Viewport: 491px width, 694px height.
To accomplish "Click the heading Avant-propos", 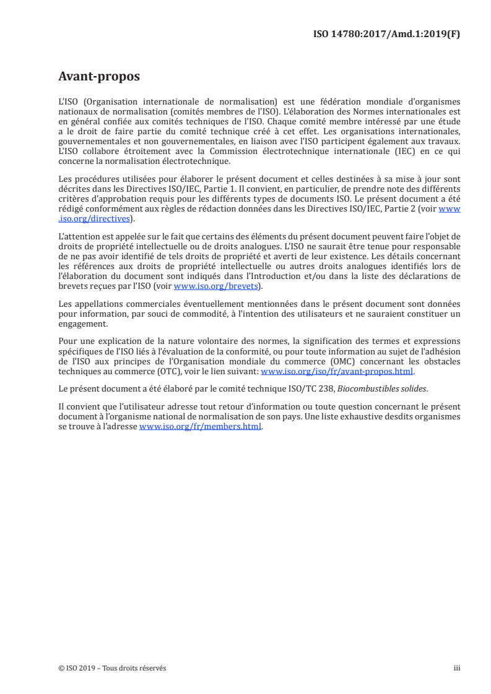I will click(98, 77).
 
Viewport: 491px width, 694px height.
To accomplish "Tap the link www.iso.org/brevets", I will click(215, 286).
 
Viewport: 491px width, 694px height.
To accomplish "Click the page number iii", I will click(457, 668).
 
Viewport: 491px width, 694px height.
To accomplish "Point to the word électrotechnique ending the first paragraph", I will click(193, 161).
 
